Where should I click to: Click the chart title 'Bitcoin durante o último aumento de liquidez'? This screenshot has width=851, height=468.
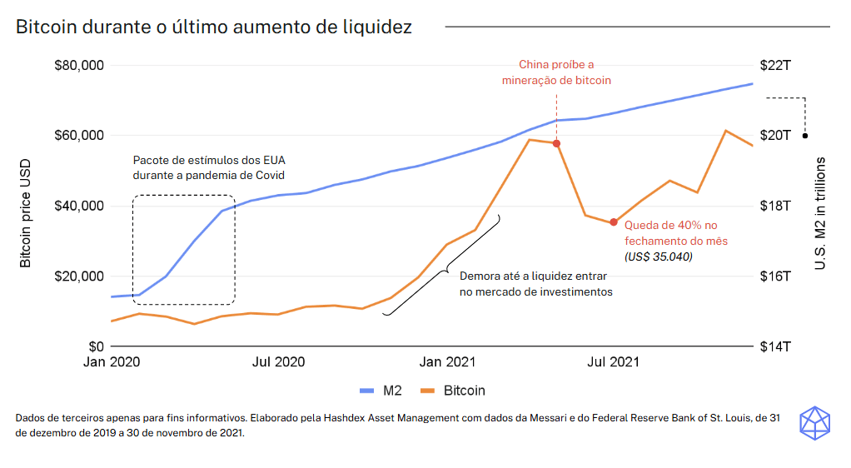point(214,27)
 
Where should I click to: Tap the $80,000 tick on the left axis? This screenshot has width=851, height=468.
point(78,65)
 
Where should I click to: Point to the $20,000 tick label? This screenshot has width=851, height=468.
point(78,276)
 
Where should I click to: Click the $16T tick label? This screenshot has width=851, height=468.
point(775,276)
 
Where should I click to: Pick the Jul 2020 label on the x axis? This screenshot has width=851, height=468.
point(278,362)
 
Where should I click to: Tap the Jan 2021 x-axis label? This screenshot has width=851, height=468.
point(447,362)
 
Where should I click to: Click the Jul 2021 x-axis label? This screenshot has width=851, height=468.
point(614,362)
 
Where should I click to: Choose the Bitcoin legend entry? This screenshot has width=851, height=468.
point(453,390)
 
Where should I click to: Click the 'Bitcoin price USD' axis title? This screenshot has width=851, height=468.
point(26,212)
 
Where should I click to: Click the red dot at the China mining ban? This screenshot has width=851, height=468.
point(557,143)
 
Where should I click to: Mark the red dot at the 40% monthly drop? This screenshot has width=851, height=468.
point(614,222)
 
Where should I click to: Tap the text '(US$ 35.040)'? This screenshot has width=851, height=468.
point(658,256)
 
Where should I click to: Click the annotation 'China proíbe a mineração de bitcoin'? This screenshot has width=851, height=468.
point(556,72)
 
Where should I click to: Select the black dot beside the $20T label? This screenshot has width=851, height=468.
point(805,136)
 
